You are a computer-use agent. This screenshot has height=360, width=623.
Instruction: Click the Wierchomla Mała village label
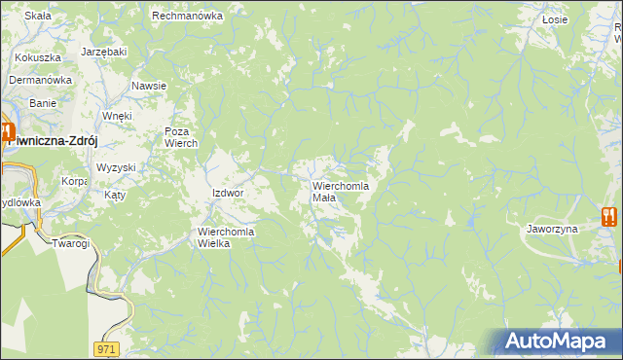[x=340, y=191]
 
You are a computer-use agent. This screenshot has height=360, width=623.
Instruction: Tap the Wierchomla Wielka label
[x=227, y=237]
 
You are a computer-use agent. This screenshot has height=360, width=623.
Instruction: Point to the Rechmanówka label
[x=188, y=16]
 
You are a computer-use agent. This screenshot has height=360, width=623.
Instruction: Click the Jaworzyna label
[x=553, y=229]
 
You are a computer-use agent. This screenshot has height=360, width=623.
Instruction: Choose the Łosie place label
[x=555, y=18]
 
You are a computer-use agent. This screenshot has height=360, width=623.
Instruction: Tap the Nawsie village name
[x=149, y=86]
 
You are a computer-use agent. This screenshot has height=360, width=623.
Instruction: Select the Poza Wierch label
[x=181, y=137]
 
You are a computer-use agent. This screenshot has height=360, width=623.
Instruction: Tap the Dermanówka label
[x=41, y=80]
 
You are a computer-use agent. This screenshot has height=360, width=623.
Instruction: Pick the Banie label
[x=43, y=102]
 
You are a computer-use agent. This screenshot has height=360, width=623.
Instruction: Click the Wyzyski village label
[x=116, y=167]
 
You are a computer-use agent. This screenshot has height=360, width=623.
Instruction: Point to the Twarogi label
[x=71, y=243]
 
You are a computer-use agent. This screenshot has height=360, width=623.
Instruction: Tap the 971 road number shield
[x=108, y=347]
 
